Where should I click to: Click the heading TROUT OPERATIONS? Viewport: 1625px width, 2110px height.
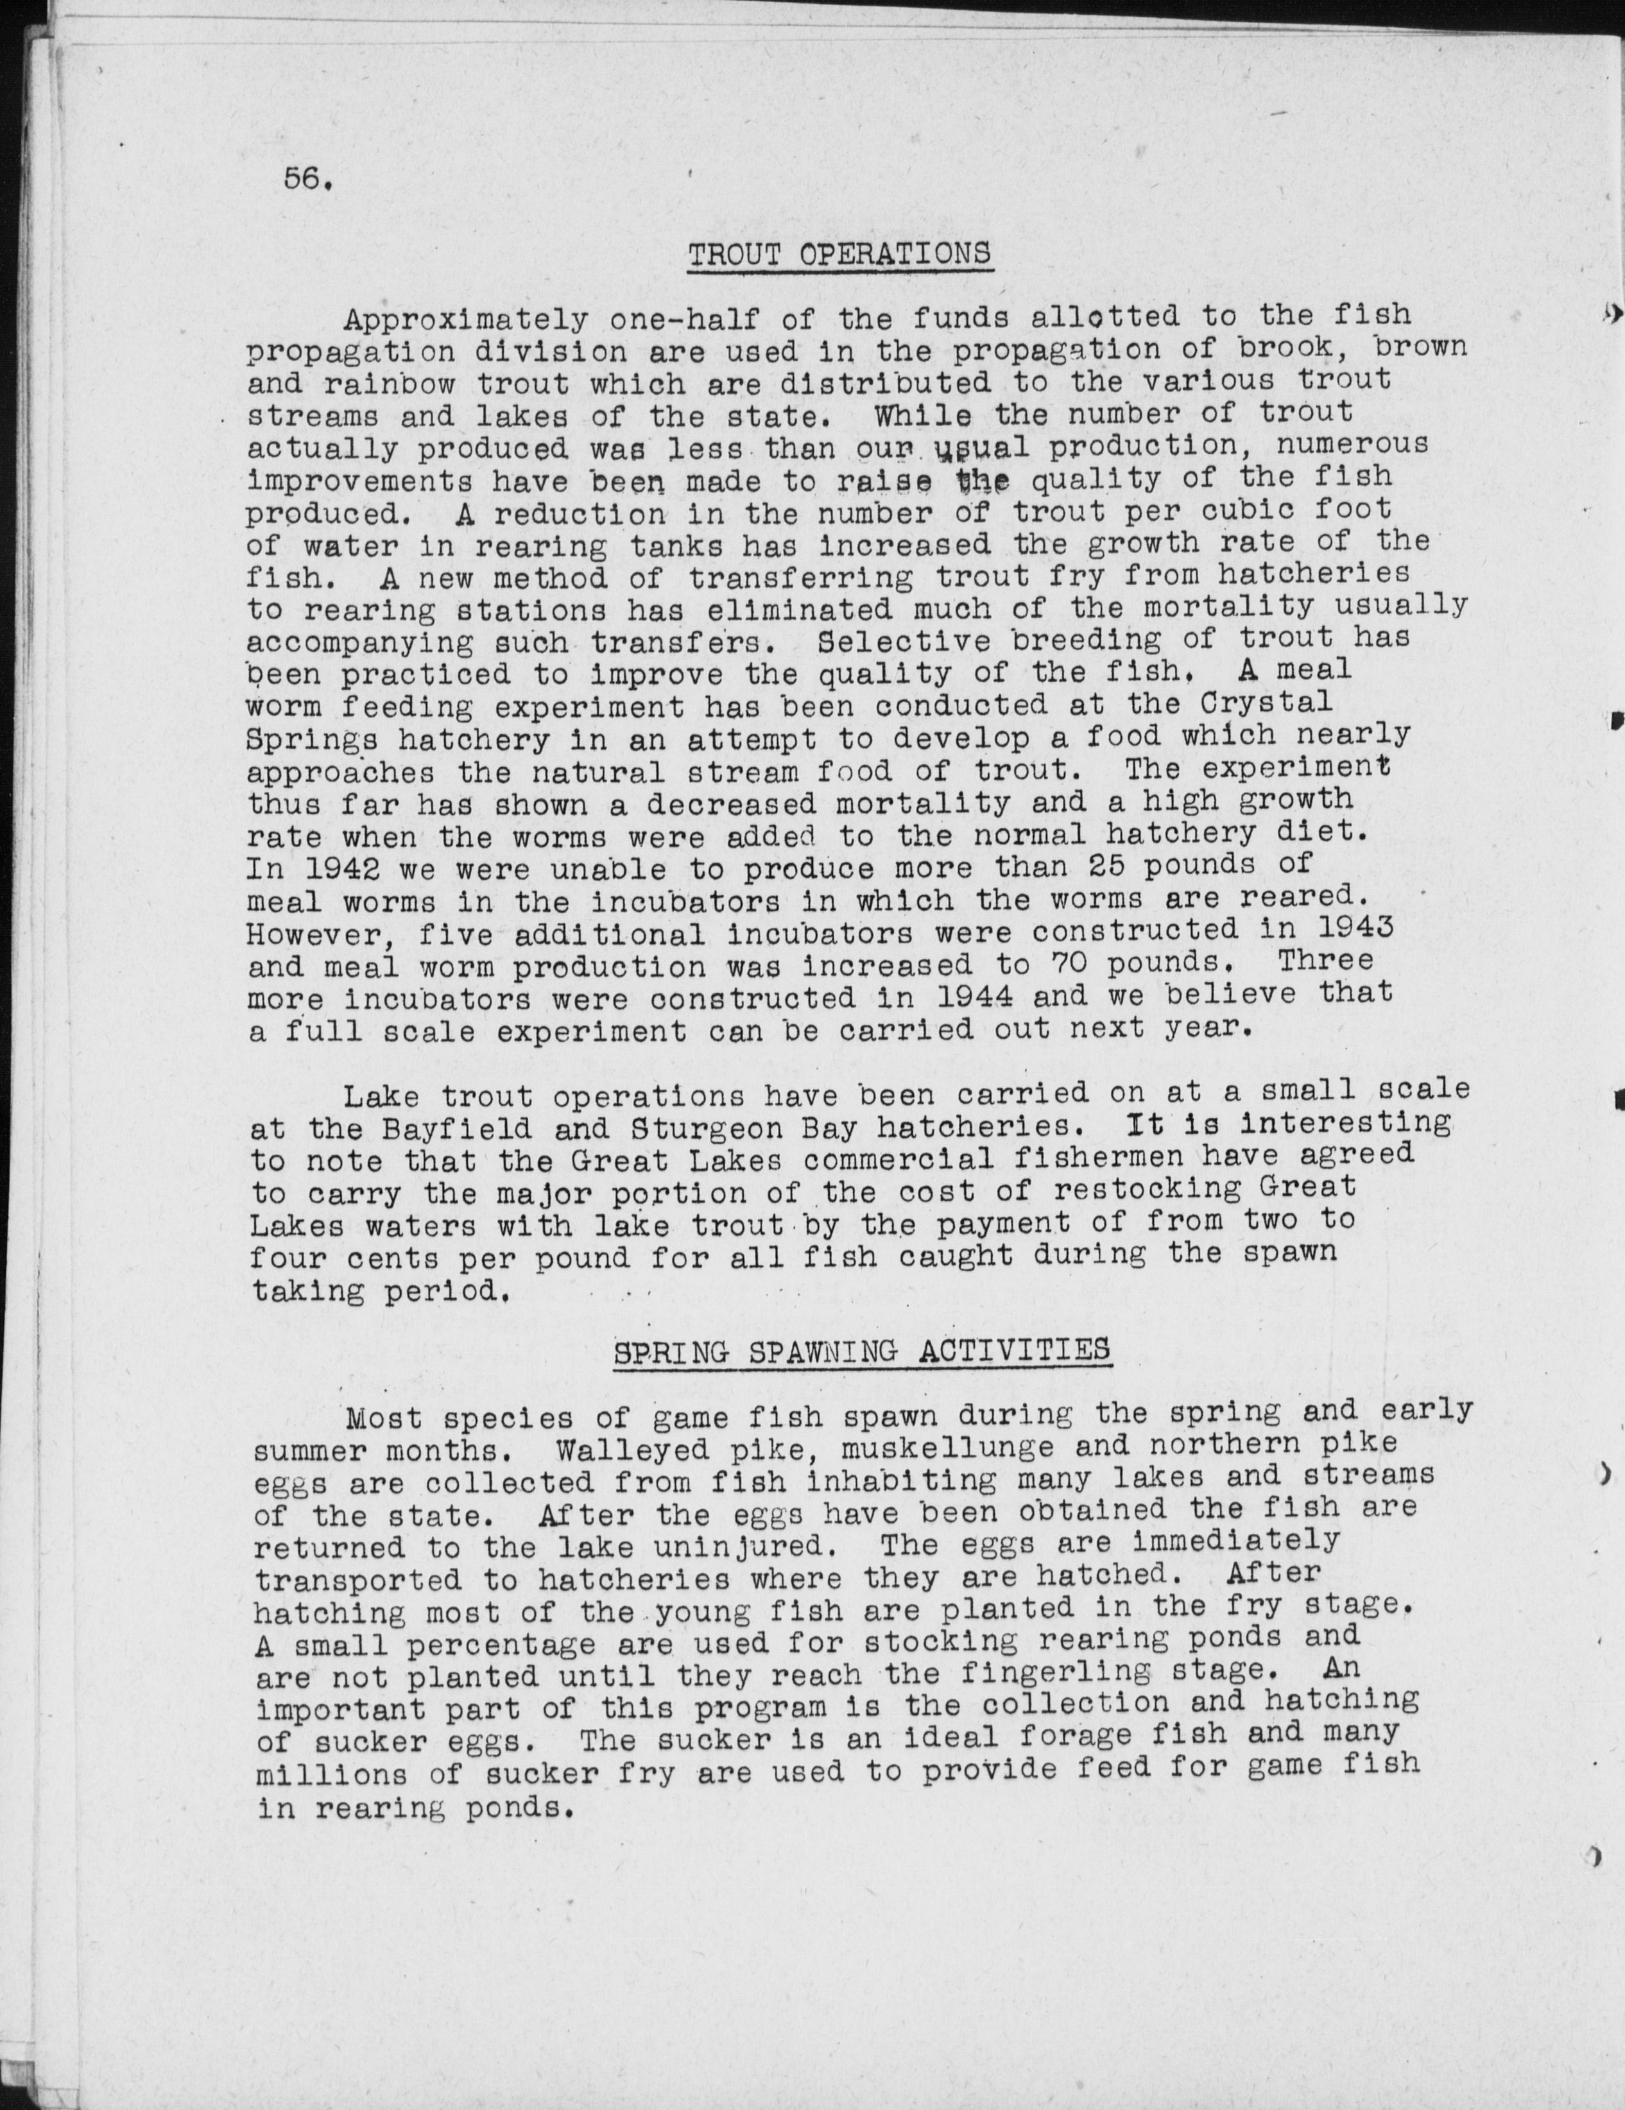point(839,254)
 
